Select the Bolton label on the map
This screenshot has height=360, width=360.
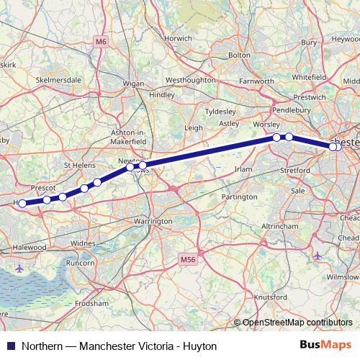click(x=238, y=55)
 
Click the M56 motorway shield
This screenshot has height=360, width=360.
click(x=188, y=258)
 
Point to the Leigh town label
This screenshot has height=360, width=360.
click(x=194, y=127)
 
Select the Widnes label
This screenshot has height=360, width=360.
click(x=83, y=244)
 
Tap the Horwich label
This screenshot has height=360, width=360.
click(x=178, y=38)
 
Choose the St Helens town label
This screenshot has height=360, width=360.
click(x=79, y=165)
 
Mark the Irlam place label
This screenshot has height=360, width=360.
click(x=244, y=169)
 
